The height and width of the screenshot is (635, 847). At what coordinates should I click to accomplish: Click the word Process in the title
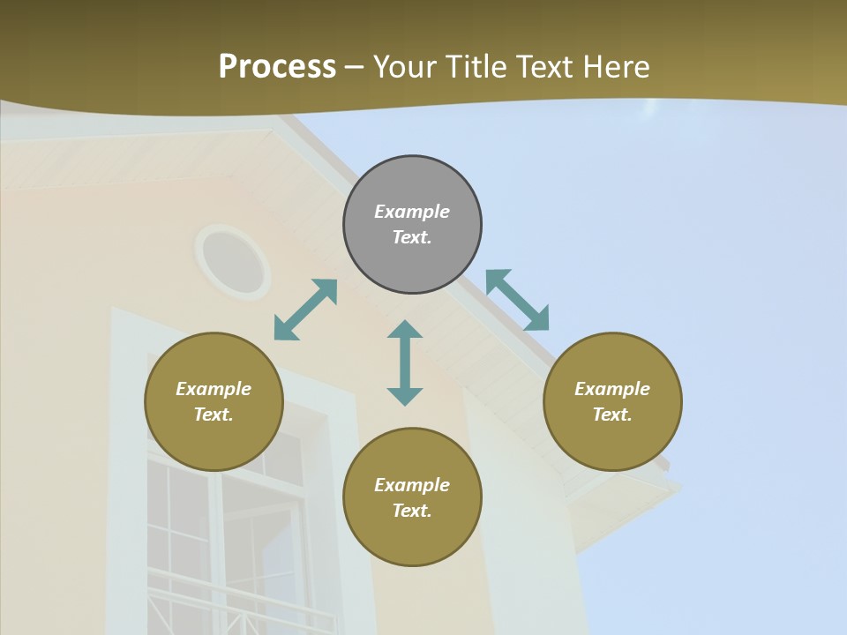[277, 67]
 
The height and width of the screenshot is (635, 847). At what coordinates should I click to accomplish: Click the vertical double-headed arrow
[405, 362]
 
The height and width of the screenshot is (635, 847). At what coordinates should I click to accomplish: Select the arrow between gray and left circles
[305, 310]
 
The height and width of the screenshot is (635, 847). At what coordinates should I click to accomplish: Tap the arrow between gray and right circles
[518, 300]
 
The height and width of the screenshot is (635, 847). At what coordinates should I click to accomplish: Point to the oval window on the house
[234, 262]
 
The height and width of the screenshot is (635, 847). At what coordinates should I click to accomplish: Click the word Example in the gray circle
[412, 212]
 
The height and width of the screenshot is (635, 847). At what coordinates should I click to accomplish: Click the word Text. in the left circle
[214, 415]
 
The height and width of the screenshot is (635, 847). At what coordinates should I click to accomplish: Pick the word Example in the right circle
[612, 389]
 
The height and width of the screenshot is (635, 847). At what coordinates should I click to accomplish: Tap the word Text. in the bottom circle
[412, 511]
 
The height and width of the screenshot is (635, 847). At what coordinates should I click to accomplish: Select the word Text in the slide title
[543, 67]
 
